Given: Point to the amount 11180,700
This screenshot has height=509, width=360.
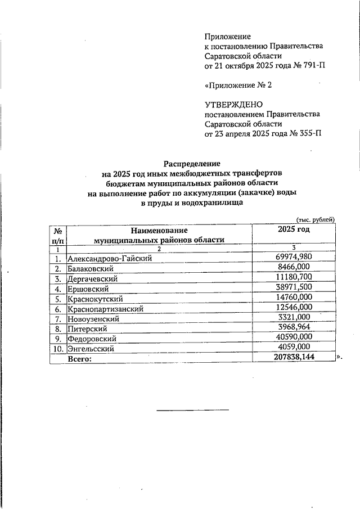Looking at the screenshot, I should (x=293, y=277).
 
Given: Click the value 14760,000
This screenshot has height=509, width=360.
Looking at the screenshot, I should (x=293, y=297).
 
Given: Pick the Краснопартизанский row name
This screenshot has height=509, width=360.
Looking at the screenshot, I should (x=105, y=309).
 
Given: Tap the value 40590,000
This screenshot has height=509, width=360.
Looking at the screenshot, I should (x=293, y=336).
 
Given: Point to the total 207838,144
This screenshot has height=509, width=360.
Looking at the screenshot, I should (x=292, y=357).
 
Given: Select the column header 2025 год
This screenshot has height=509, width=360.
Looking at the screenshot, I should (x=294, y=229).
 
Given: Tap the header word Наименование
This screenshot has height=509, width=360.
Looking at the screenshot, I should (x=159, y=230).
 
